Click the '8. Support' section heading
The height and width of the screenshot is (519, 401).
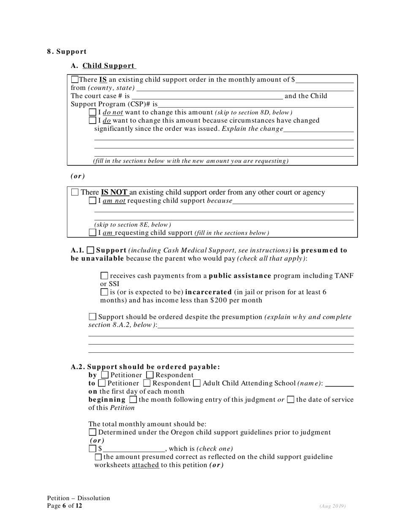point(67,51)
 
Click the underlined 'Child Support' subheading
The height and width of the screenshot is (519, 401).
point(109,66)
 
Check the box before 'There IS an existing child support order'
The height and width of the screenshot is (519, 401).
point(75,79)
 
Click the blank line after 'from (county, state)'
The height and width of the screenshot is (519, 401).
point(245,88)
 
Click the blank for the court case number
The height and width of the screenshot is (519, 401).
point(207,96)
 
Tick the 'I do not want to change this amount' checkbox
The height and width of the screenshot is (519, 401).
point(93,112)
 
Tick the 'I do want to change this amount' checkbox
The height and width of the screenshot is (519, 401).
point(93,121)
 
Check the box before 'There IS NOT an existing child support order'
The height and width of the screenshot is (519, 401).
point(75,192)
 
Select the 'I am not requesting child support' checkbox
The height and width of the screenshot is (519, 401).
point(93,201)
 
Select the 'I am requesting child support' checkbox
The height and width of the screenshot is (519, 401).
point(93,232)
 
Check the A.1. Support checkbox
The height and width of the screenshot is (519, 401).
point(90,250)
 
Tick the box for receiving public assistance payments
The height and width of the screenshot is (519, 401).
point(104,276)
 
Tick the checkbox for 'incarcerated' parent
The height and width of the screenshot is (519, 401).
point(104,292)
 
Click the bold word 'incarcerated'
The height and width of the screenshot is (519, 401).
point(209,292)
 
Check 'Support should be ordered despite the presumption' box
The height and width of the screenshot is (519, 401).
point(92,316)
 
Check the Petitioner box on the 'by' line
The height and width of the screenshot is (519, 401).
point(105,375)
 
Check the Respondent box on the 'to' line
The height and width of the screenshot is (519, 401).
point(147,384)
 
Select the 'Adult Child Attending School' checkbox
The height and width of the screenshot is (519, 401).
point(197,384)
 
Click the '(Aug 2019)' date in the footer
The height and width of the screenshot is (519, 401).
point(333,506)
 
